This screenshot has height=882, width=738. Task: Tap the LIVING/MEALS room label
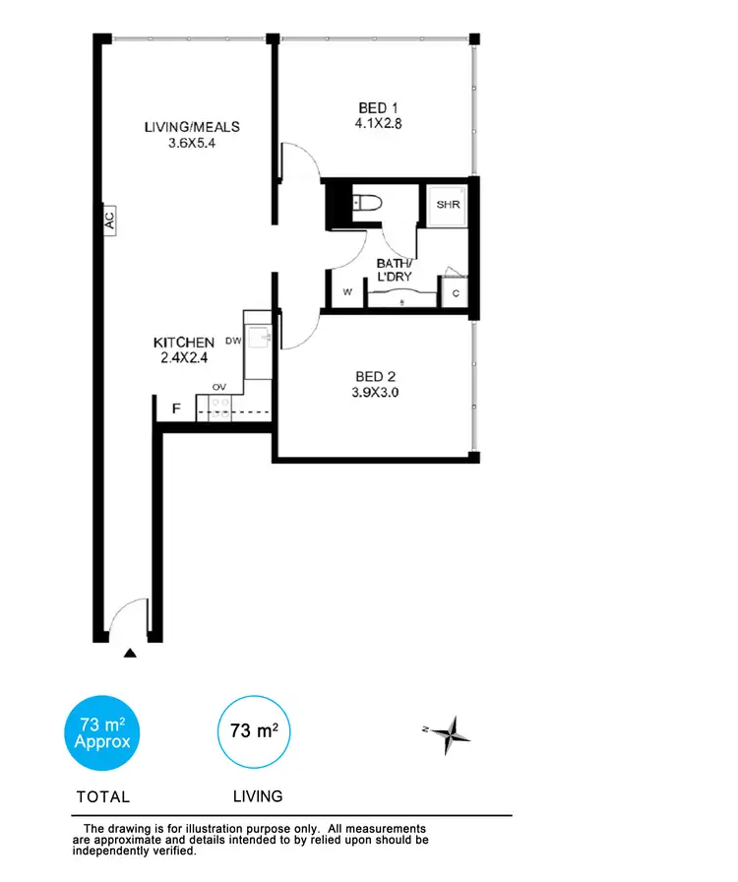pos(192,127)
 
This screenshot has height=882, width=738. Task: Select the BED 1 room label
pos(377,107)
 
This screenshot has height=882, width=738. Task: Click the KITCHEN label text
pos(184,342)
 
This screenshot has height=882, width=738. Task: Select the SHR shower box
pos(449,205)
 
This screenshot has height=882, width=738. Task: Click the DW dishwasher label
pos(233,341)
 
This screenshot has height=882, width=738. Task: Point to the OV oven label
pos(218,388)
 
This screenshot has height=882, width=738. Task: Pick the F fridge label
pos(177,408)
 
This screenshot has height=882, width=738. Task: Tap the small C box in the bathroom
pos(456,292)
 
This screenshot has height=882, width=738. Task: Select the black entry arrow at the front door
pos(128,651)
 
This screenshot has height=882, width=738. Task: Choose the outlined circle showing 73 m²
pos(253,731)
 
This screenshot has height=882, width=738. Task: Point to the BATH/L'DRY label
pos(395,270)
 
